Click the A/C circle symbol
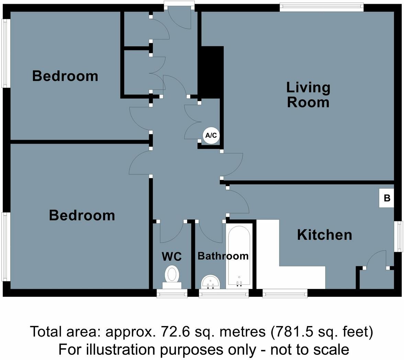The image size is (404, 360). point(211,135)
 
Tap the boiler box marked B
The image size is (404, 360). point(386,198)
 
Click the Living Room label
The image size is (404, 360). point(308,95)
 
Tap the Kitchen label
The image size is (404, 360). point(324,235)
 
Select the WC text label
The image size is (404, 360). point(171,256)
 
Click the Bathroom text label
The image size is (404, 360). point(223,256)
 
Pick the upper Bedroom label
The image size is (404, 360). point(65,76)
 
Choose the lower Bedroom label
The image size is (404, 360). point(82,215)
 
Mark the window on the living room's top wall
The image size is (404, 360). point(321,7)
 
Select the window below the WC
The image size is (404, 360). point(172,293)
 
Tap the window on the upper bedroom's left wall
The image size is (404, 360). point(5,53)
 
